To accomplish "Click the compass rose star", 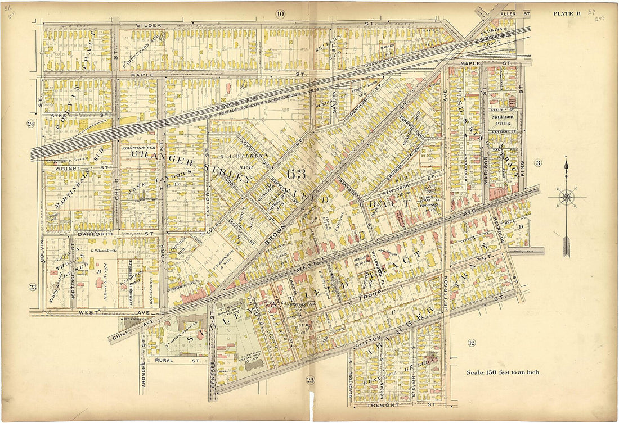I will coord(567,198).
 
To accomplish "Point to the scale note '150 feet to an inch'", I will coord(503,372).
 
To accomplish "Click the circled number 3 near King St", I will coord(538,163).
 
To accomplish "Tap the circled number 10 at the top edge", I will coord(280,13).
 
